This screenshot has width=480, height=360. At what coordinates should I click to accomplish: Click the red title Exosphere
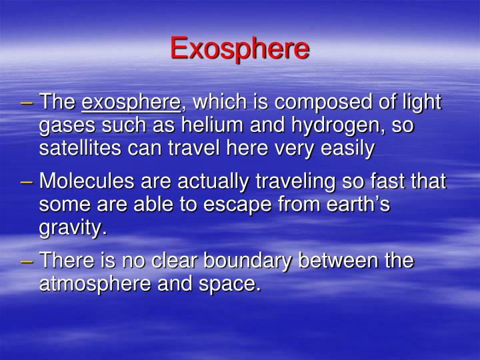pyautogui.click(x=239, y=49)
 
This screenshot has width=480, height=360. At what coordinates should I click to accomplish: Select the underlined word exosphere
pyautogui.click(x=131, y=103)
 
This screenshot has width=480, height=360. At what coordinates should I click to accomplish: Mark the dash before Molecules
pyautogui.click(x=27, y=181)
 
